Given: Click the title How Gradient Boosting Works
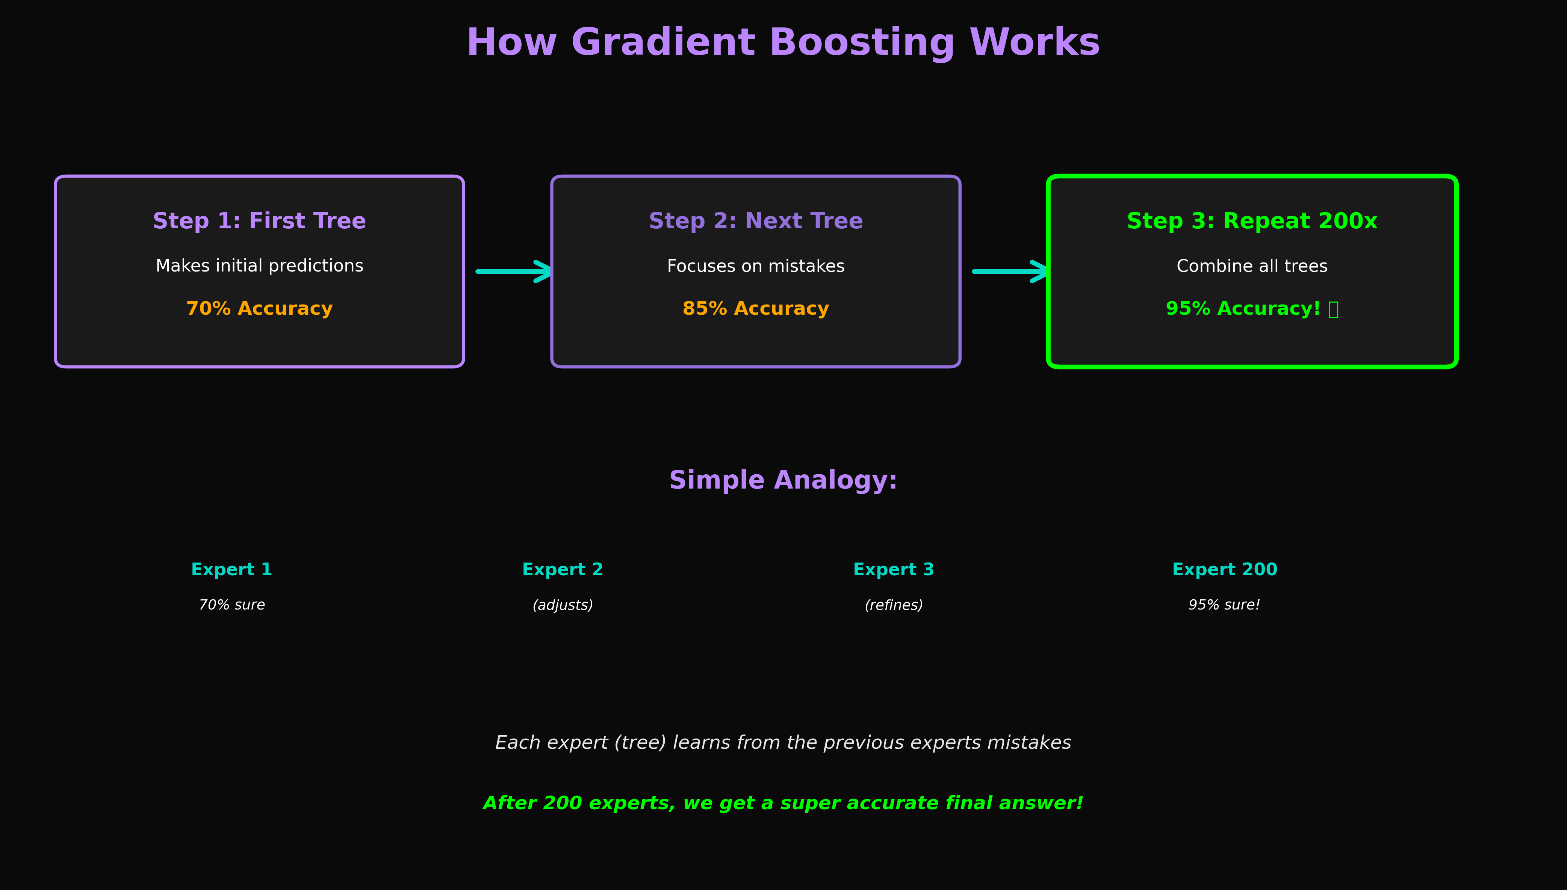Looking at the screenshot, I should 783,43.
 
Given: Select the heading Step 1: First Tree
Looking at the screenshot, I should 259,221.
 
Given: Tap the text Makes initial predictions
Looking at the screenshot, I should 259,266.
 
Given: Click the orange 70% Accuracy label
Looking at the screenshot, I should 259,309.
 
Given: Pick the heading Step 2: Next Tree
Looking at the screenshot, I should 755,221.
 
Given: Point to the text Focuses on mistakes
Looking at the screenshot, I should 755,266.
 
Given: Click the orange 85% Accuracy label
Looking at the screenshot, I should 755,309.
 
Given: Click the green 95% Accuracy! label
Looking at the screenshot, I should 1243,309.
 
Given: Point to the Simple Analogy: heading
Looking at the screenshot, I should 783,480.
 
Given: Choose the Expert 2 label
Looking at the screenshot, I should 563,570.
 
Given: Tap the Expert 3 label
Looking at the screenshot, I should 894,570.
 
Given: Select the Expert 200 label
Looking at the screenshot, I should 1225,570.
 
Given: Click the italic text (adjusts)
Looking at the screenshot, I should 563,605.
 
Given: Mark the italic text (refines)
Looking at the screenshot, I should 894,605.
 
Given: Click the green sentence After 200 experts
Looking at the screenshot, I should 783,803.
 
